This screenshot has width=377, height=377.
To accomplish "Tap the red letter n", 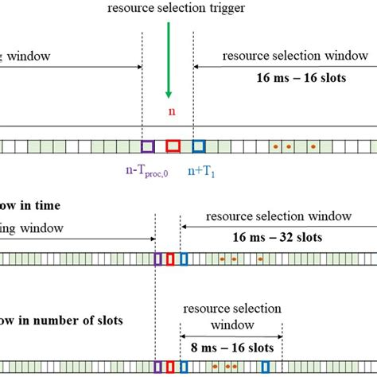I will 171,111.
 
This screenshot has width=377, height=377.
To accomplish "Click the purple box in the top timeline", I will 147,146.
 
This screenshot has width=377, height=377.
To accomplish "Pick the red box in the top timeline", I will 173,146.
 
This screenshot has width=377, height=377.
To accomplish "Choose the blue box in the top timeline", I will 199,146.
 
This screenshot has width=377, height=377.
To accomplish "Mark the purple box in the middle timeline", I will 158,258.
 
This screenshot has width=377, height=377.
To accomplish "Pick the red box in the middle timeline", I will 170,258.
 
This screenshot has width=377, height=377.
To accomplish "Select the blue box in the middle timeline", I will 184,258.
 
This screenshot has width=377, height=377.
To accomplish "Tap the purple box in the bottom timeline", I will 157,367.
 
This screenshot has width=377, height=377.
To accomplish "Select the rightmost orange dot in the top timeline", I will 313,146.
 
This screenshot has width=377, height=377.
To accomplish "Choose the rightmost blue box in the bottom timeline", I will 266,367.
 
